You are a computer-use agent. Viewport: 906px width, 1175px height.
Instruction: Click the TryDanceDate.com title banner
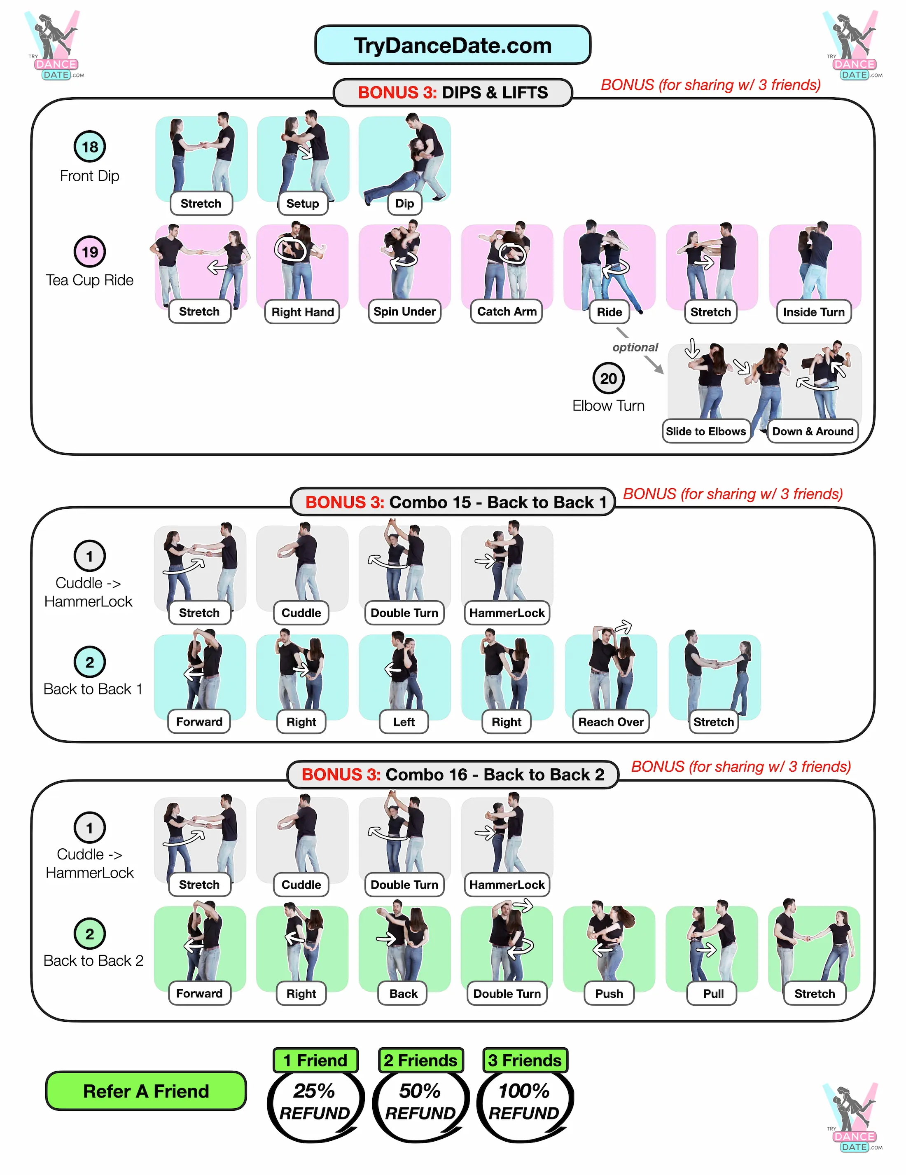point(452,45)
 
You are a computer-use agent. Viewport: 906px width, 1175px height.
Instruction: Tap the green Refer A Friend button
point(146,1091)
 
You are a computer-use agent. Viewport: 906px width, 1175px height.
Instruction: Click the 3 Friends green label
point(524,1060)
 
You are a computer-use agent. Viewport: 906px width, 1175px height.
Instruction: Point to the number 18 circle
point(89,146)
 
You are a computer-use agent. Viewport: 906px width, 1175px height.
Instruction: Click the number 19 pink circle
point(89,251)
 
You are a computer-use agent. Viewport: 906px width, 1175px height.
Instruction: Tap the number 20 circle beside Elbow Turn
point(608,379)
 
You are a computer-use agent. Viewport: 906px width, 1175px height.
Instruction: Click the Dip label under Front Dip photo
point(404,204)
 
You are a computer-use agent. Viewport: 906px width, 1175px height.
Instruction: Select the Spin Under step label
point(404,311)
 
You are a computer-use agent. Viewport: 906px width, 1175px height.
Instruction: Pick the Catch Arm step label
point(507,311)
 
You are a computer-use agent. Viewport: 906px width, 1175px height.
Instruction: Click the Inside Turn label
point(813,312)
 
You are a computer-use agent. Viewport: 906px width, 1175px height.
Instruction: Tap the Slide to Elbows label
point(705,431)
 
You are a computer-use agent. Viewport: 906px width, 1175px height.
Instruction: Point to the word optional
point(635,348)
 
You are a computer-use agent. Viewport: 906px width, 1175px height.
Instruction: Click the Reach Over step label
point(611,722)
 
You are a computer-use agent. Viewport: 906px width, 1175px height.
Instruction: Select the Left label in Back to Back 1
point(404,722)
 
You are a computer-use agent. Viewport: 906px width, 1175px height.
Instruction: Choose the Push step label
point(609,994)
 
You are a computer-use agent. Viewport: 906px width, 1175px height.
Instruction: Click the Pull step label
point(713,994)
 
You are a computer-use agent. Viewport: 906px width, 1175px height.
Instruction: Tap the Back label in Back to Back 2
point(403,994)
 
